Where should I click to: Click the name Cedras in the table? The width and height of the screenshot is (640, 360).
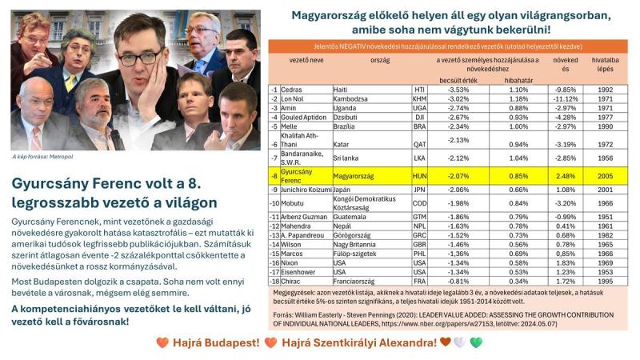pos(291,90)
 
